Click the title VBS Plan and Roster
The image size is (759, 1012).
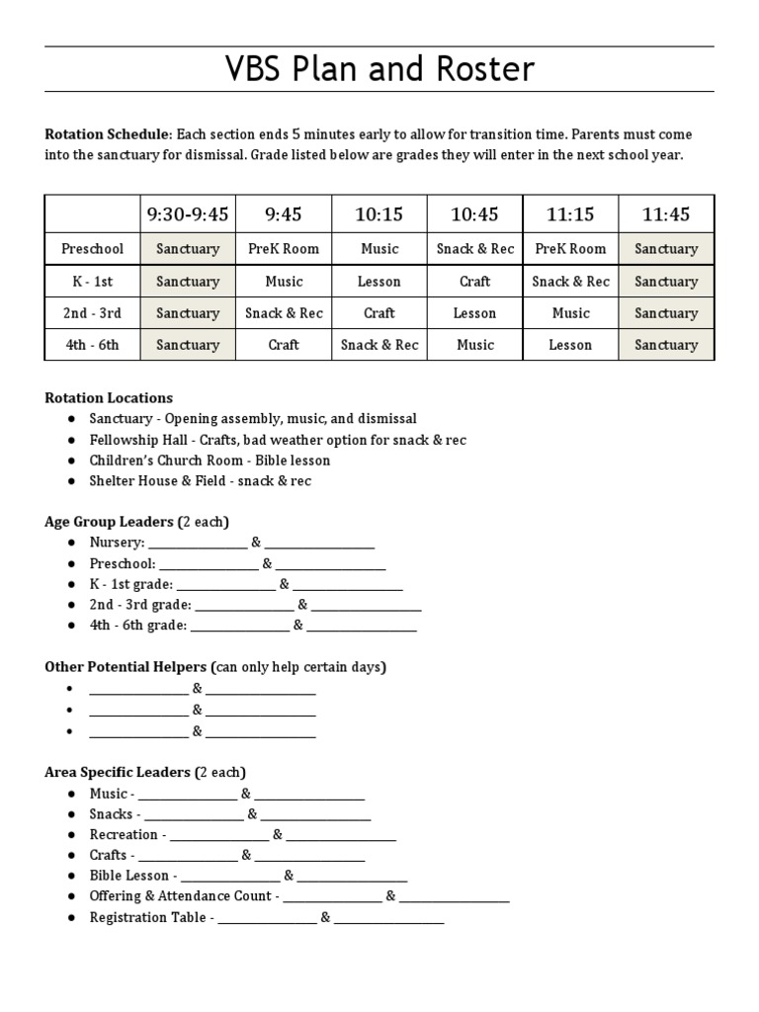pos(379,69)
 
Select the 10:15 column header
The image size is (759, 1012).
pos(379,214)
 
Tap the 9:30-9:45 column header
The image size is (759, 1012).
pos(188,214)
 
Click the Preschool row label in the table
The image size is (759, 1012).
pos(92,249)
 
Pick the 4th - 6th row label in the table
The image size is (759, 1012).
pos(92,345)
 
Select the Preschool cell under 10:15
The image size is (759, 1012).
pos(379,249)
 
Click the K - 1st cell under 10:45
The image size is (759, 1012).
pos(474,282)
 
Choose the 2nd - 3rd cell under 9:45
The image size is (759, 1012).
pos(284,313)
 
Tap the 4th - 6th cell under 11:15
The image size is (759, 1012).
pos(570,345)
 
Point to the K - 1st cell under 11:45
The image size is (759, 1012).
pos(665,282)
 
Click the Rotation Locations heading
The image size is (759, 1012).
pos(109,398)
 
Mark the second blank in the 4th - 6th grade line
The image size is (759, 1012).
pos(362,626)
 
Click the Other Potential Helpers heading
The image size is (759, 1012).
pos(215,667)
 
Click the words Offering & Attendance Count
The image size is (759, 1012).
pos(181,896)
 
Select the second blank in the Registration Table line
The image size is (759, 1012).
pos(389,918)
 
